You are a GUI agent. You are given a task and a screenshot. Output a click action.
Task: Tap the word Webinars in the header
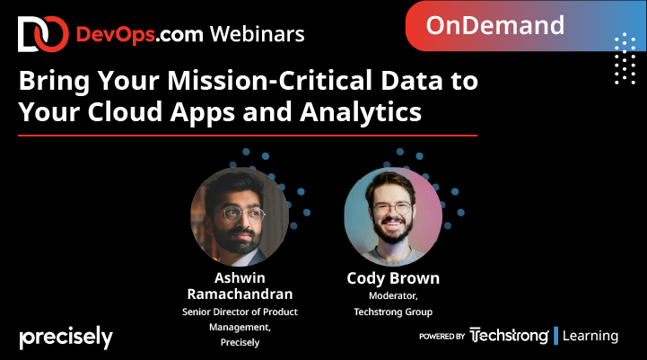point(258,34)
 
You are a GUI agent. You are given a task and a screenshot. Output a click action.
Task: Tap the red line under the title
point(248,136)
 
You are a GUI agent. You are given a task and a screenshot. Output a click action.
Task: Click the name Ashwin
point(239,277)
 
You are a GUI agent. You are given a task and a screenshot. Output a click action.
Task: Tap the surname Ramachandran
point(239,294)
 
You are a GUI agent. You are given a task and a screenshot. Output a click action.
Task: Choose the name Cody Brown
point(392,278)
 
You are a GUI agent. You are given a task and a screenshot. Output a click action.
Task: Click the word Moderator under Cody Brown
point(392,295)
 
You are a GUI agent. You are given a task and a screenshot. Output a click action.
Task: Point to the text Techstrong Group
point(392,312)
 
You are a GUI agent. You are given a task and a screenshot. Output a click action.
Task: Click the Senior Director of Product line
point(239,312)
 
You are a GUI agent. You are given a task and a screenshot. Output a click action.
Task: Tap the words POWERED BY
point(442,337)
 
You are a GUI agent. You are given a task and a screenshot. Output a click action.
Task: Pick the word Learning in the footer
point(590,336)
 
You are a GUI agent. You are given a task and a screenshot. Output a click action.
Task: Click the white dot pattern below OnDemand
point(625,57)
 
